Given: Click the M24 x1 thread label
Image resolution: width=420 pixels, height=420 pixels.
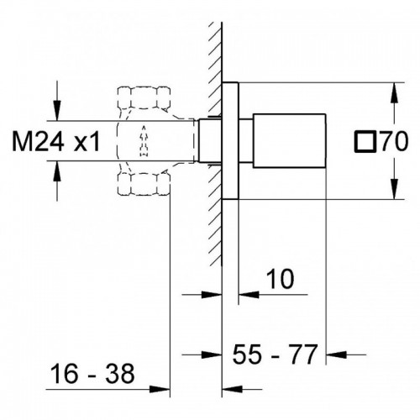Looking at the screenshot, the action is click(x=55, y=141).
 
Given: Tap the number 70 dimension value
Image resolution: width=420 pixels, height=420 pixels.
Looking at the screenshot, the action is click(x=393, y=142).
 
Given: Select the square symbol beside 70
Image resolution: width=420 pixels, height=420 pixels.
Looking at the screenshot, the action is click(x=365, y=142).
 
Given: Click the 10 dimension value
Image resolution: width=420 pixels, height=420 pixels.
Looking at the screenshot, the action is click(x=280, y=279).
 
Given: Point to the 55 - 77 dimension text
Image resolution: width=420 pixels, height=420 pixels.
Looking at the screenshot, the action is click(x=276, y=354).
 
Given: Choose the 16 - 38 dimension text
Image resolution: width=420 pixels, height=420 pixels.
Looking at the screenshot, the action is click(x=92, y=374).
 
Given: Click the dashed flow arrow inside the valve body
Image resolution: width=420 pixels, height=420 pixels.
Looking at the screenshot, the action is click(x=144, y=141).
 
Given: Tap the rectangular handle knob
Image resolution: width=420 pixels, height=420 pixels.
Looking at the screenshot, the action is click(x=290, y=141).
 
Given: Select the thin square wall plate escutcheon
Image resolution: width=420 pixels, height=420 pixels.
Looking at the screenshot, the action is click(x=230, y=141).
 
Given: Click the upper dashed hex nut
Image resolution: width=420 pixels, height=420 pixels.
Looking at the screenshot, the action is click(x=144, y=97).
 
